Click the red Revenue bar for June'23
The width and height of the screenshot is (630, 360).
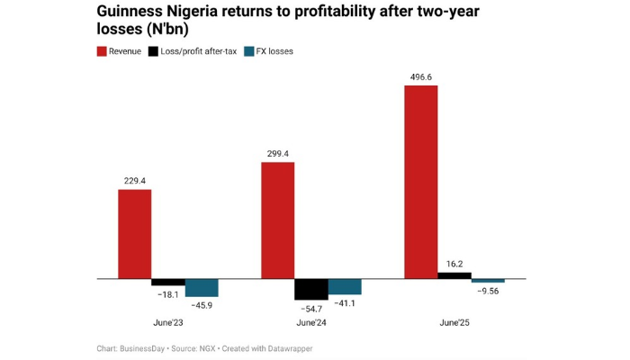[135, 234]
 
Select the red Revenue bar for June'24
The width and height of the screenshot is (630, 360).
[277, 220]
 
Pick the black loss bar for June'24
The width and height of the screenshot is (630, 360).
[311, 289]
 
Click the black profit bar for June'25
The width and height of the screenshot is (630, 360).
[454, 275]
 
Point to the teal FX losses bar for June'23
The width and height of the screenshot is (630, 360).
[202, 288]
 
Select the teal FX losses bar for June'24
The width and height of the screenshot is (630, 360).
[345, 287]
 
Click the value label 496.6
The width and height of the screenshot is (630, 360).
[420, 76]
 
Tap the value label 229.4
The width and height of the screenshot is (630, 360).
[135, 181]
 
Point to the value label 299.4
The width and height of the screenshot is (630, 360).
[277, 153]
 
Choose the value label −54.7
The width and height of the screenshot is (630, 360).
[310, 309]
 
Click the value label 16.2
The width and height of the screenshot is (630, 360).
[454, 264]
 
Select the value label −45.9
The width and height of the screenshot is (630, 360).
[202, 305]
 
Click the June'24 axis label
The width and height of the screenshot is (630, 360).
[311, 322]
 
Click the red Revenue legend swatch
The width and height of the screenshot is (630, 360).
[101, 51]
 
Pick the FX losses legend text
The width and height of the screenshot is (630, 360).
[274, 51]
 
